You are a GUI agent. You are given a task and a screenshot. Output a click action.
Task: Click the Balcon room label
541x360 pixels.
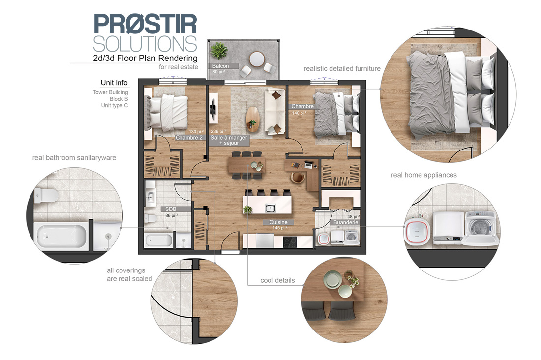click(220, 66)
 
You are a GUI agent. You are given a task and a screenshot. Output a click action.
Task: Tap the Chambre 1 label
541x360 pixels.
click(304, 106)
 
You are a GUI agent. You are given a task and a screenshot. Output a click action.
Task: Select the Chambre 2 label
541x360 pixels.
click(189, 137)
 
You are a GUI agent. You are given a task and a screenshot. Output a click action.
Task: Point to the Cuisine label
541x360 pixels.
click(278, 222)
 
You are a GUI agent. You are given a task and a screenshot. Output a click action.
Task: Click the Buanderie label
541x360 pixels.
click(346, 222)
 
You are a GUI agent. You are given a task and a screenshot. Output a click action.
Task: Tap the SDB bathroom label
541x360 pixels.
click(171, 209)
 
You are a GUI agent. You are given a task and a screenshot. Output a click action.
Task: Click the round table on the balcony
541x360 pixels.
click(257, 59)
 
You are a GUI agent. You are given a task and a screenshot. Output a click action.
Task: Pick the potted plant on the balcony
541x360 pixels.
click(219, 50)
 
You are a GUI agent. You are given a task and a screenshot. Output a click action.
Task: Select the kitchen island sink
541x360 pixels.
click(270, 208)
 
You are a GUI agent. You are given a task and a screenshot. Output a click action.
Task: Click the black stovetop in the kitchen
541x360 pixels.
click(290, 241)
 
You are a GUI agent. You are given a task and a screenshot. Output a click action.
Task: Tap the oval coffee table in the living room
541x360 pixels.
click(253, 119)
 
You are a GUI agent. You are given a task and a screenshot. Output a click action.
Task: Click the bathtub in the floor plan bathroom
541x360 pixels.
click(159, 240)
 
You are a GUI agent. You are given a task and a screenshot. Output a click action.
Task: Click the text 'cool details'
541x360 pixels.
click(277, 280)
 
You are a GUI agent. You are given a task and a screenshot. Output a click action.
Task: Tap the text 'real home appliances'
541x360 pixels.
click(423, 175)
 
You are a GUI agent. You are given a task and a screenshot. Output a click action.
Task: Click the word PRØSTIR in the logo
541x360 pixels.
click(145, 24)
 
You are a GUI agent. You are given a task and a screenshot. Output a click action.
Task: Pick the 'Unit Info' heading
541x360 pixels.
click(114, 83)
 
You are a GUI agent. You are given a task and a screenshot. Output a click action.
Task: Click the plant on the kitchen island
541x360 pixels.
click(247, 209)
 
